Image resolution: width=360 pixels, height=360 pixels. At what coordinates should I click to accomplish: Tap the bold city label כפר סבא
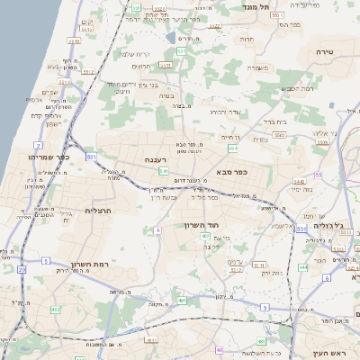pos(232,170)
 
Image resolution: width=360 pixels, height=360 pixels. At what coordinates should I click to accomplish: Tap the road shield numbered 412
pos(56,309)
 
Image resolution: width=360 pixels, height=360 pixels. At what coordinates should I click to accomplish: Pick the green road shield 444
pos(302,267)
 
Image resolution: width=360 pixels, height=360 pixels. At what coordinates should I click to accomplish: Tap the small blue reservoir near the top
pos(171,38)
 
